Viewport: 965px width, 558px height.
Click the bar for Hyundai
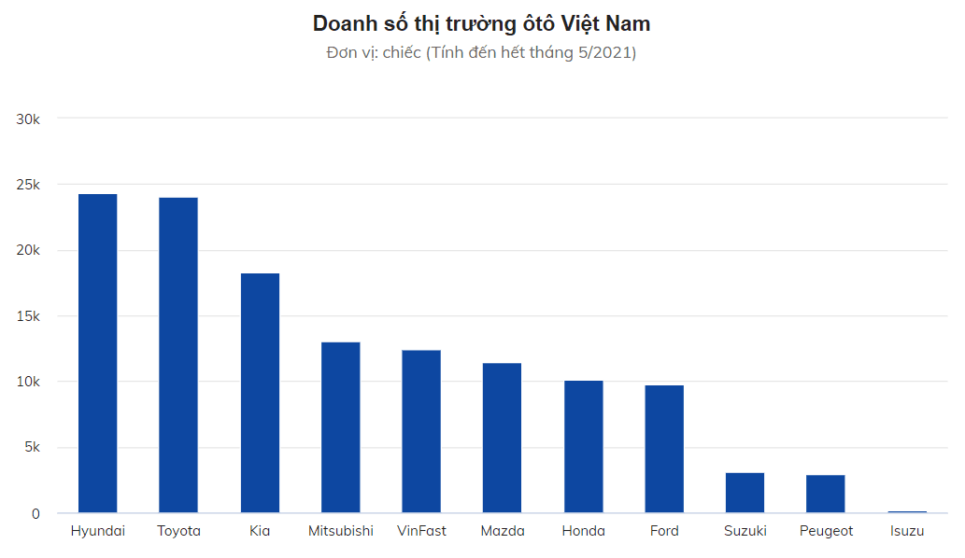pos(97,354)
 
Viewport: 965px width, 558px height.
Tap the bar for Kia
pos(260,393)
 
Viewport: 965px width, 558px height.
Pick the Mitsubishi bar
pos(340,427)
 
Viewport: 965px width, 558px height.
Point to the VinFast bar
pos(421,431)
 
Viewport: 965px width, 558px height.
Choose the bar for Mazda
pos(502,438)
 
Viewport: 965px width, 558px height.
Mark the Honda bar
pos(583,447)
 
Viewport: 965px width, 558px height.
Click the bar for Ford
pos(664,449)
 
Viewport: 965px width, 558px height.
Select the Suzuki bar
pos(745,493)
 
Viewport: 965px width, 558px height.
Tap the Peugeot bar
pos(826,494)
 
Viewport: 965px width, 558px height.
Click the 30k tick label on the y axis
pos(29,119)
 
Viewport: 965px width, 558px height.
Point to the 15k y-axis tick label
pos(29,316)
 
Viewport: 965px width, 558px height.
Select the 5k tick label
pos(33,448)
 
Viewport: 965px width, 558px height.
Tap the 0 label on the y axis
pos(37,513)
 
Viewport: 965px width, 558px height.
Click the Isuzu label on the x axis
pos(907,531)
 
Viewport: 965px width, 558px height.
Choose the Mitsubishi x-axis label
pos(341,531)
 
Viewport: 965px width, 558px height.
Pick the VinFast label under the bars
pos(421,531)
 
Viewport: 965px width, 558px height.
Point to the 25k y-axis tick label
pos(29,185)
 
